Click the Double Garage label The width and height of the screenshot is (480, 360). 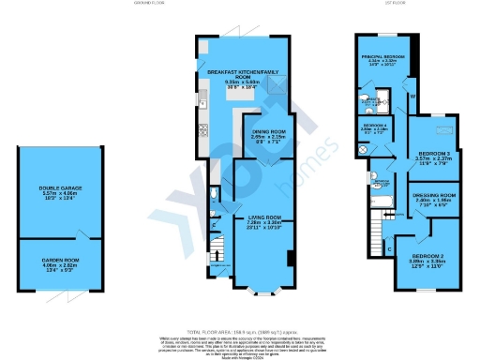pyautogui.click(x=60, y=188)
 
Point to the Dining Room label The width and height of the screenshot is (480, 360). pyautogui.click(x=266, y=132)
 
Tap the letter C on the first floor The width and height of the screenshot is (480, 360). pyautogui.click(x=389, y=249)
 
